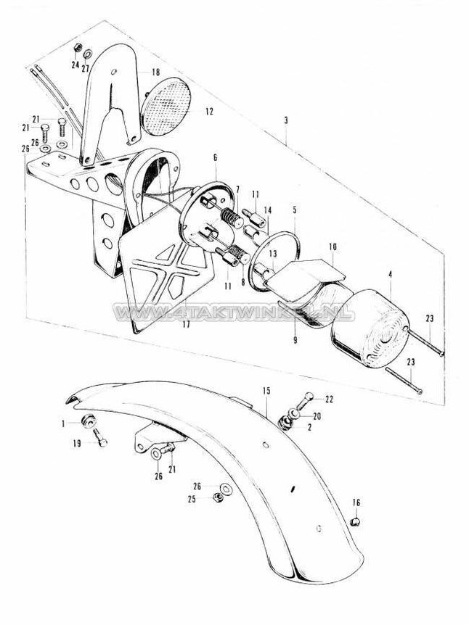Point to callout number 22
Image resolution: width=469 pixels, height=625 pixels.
coord(330,399)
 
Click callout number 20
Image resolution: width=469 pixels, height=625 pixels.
coord(317,415)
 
